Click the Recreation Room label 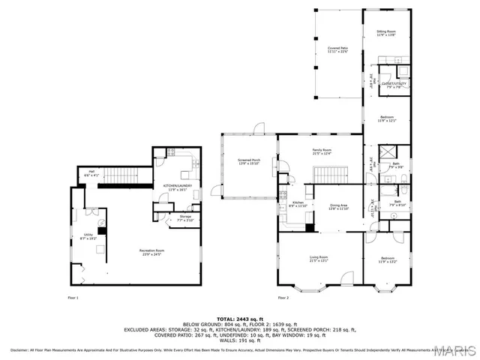click(151, 252)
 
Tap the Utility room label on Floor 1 click(88, 235)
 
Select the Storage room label click(184, 218)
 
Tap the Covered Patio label click(337, 49)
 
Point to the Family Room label click(322, 151)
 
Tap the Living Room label click(319, 259)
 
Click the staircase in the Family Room click(327, 176)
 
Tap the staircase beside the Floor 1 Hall click(121, 175)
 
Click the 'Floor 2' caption click(283, 298)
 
